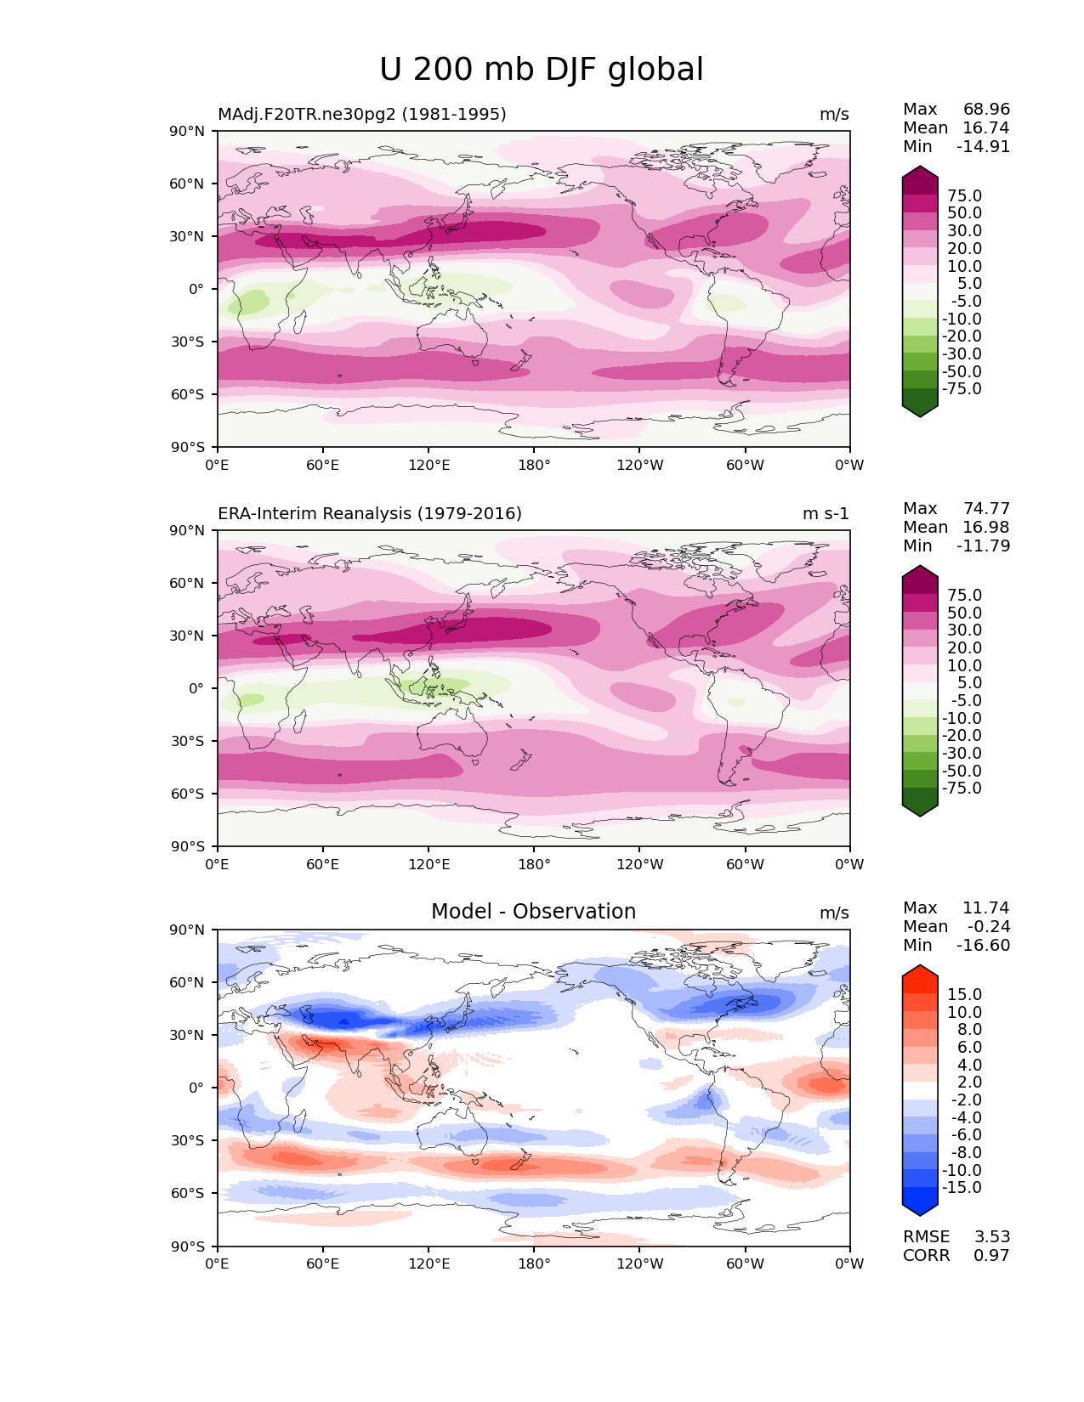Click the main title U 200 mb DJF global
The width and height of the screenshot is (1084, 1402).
click(x=541, y=70)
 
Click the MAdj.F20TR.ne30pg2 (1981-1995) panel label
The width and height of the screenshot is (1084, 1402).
click(x=361, y=115)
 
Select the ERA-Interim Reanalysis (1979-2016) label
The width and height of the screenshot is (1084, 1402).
click(x=370, y=514)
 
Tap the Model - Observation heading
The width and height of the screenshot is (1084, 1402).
click(x=533, y=912)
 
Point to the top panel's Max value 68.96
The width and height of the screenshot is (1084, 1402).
click(x=986, y=110)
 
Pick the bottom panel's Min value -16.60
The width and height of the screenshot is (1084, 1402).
click(x=983, y=946)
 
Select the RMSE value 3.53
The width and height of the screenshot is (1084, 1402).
click(x=991, y=1237)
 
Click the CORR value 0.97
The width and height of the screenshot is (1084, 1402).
click(x=991, y=1256)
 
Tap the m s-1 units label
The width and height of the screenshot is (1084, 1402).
click(x=826, y=514)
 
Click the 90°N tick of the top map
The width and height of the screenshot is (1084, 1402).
click(x=188, y=132)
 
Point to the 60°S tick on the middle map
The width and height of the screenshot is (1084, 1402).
click(x=188, y=794)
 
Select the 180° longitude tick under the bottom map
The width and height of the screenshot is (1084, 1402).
click(x=534, y=1264)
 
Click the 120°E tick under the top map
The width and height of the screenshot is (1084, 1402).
click(x=428, y=466)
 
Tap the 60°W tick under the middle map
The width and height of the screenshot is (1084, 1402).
click(x=745, y=865)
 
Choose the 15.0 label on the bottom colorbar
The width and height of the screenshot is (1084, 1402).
click(x=964, y=995)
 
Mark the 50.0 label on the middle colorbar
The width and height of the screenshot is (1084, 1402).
click(x=964, y=613)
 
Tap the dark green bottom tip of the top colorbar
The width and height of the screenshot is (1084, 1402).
click(x=920, y=409)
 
